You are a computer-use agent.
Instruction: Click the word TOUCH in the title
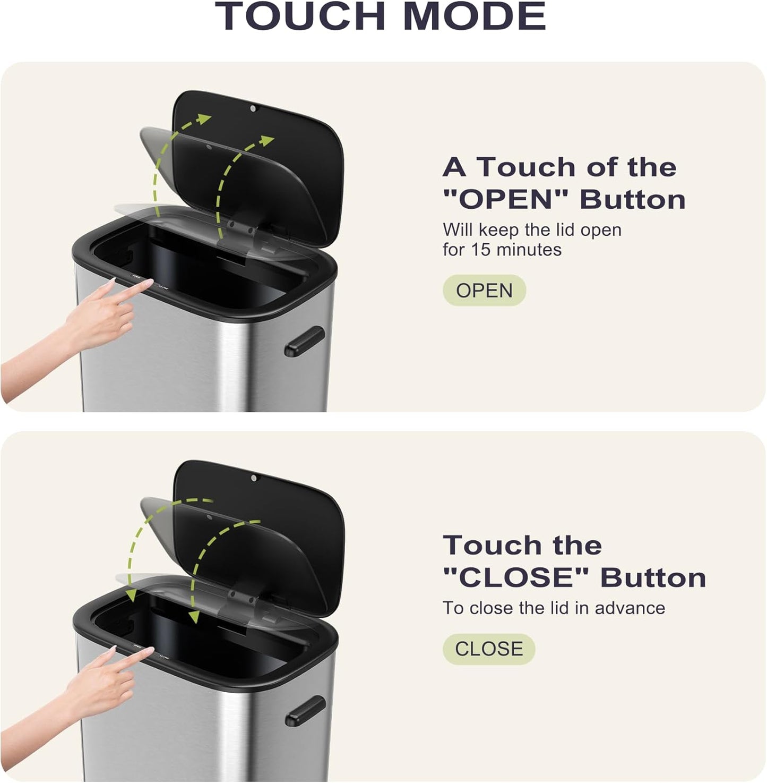pos(300,16)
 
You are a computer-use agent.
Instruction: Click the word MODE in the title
pos(475,16)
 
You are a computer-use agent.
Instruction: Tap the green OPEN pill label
pos(484,291)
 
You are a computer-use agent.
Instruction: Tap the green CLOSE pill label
pos(489,649)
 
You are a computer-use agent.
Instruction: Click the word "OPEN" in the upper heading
pos(505,200)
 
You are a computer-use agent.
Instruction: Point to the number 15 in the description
pos(480,250)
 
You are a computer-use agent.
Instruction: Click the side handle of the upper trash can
pos(305,341)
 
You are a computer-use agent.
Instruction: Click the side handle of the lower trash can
pos(305,710)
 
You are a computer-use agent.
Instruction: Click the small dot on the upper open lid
pos(253,108)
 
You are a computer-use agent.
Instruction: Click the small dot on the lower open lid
pos(254,478)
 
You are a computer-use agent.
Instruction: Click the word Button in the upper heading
pos(633,200)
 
